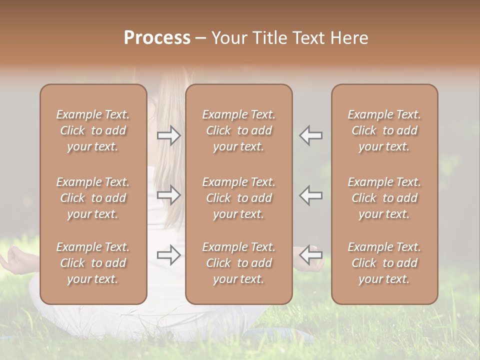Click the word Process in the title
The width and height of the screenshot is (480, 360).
(157, 38)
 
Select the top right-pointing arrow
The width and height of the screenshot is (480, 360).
(169, 135)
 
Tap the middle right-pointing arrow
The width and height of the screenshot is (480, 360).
(169, 195)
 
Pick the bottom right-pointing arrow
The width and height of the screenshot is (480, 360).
(169, 255)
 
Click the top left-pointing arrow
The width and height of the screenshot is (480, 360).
(310, 135)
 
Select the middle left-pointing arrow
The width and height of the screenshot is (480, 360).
(310, 195)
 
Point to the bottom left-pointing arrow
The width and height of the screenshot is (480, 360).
(310, 255)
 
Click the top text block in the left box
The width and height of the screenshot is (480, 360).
(93, 130)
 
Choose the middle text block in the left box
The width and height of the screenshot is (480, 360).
(93, 198)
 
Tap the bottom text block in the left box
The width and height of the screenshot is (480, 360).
(93, 263)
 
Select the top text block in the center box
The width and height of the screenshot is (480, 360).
(238, 130)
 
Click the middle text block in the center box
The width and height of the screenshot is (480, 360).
(238, 198)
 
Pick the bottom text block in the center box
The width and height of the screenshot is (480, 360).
(238, 263)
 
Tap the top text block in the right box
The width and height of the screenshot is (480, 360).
(384, 130)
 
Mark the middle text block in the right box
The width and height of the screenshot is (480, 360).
(384, 198)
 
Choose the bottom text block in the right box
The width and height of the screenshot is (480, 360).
(384, 263)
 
